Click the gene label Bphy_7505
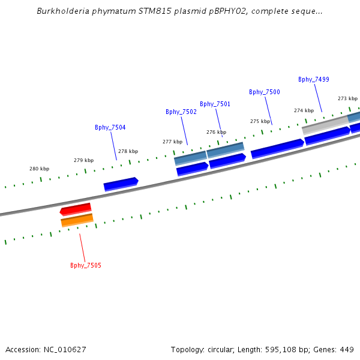pos(85,265)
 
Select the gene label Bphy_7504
pos(110,127)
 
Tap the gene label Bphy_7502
pos(181,112)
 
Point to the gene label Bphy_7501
pos(215,104)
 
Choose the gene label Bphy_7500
pos(265,92)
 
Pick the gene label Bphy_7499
pos(314,79)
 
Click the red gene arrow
pos(76,209)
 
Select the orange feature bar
pos(77,220)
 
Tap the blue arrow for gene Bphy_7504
pos(121,184)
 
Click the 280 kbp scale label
pos(39,169)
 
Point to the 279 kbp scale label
pos(83,160)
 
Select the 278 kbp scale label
pos(128,151)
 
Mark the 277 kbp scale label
pos(172,142)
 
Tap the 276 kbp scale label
pos(216,132)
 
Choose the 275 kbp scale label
pos(260,121)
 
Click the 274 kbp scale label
pos(304,110)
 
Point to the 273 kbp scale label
pos(347,98)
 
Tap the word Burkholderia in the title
pos(62,11)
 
